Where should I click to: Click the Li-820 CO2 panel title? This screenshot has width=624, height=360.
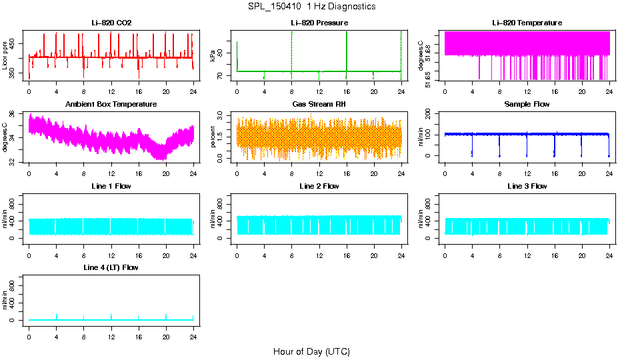point(111,23)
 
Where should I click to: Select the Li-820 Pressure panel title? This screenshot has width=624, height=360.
point(319,23)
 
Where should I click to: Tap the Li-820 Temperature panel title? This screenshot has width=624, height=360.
point(527,23)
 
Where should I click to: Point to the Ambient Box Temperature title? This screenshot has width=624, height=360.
point(111,104)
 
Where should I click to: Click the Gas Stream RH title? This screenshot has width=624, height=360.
point(319,104)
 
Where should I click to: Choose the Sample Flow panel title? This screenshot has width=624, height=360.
point(527,104)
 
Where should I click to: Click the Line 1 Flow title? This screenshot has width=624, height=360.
point(111,186)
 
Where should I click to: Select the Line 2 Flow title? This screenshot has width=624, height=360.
point(319,186)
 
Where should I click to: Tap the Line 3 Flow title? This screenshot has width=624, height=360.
point(527,186)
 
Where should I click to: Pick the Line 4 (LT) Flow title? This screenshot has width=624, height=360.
point(111,267)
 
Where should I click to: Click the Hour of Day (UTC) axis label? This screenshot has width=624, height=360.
point(311,351)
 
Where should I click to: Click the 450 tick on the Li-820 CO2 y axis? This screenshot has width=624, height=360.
point(16,44)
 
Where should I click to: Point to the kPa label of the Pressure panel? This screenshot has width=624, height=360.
point(213,55)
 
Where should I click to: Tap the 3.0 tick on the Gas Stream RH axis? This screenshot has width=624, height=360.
point(223,116)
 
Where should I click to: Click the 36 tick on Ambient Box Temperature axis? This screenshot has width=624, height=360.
point(16,115)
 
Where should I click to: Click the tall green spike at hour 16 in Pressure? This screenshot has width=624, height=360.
point(347,50)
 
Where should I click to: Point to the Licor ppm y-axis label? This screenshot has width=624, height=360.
point(5,55)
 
